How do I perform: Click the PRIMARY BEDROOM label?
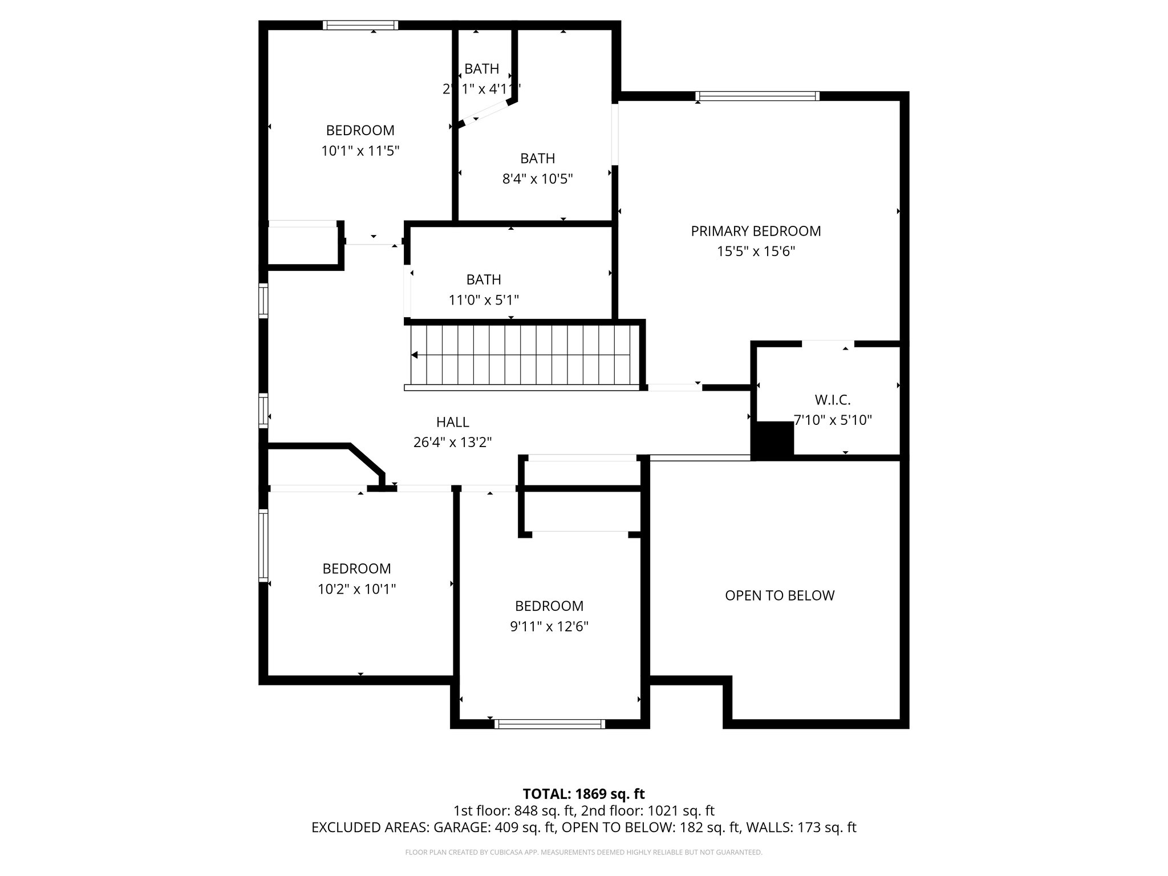pos(756,231)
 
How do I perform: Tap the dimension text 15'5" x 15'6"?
pos(756,252)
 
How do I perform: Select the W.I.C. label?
pos(833,400)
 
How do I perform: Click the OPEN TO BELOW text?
pos(780,595)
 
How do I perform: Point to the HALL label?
pos(452,422)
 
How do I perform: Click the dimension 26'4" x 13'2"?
pos(452,443)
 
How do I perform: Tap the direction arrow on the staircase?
pos(415,355)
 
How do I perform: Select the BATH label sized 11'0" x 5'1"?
pos(484,279)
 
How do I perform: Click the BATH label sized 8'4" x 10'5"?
pos(537,158)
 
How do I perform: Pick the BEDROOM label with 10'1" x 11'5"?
pos(360,130)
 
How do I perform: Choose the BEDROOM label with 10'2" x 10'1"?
pos(356,569)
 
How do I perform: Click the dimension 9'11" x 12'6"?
pos(549,627)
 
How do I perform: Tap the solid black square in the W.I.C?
pos(774,439)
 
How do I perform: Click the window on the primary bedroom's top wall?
pos(757,96)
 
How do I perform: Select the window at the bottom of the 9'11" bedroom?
pos(549,724)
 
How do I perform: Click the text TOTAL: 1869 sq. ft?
pos(583,794)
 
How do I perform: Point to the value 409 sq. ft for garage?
pos(522,828)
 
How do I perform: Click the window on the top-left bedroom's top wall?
pos(360,25)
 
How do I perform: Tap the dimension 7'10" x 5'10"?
pos(833,420)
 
